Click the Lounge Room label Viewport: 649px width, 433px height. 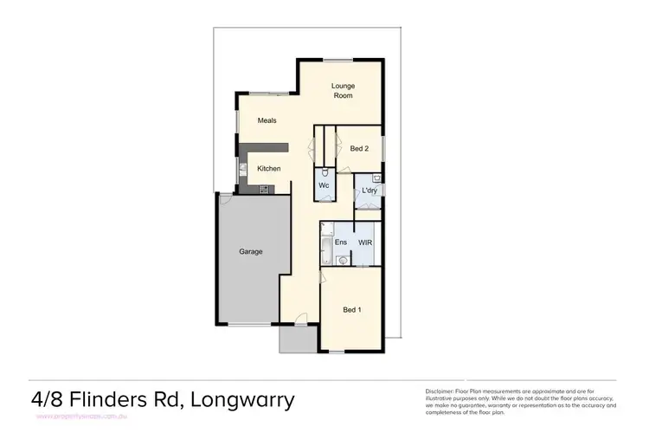pyautogui.click(x=344, y=90)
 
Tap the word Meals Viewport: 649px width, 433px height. pyautogui.click(x=267, y=120)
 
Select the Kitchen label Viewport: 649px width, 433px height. pyautogui.click(x=268, y=168)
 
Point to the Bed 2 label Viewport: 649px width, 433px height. pyautogui.click(x=360, y=149)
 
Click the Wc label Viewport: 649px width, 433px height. pyautogui.click(x=323, y=185)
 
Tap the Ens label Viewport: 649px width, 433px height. pyautogui.click(x=341, y=242)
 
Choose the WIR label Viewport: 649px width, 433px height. pyautogui.click(x=365, y=242)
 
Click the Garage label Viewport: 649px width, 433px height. pyautogui.click(x=251, y=251)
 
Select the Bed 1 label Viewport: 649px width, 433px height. pyautogui.click(x=352, y=309)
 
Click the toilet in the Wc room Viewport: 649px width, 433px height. pyautogui.click(x=323, y=171)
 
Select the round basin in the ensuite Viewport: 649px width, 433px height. pyautogui.click(x=342, y=258)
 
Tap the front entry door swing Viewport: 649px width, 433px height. pyautogui.click(x=298, y=319)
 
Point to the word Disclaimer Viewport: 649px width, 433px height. pyautogui.click(x=442, y=391)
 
